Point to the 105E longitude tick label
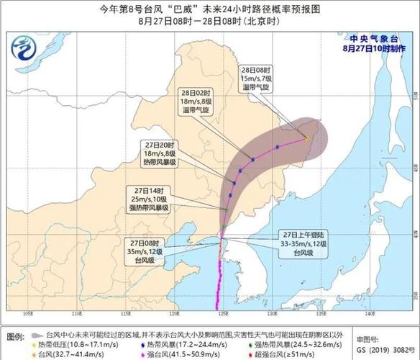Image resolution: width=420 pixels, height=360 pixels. coord(29,314)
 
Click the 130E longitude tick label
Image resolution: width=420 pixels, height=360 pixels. coord(272,314)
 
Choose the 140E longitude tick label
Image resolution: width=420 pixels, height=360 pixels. coord(370,314)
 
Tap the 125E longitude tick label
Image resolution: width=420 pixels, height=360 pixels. coord(222,314)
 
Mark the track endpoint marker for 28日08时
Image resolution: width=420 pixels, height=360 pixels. coord(307,137)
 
